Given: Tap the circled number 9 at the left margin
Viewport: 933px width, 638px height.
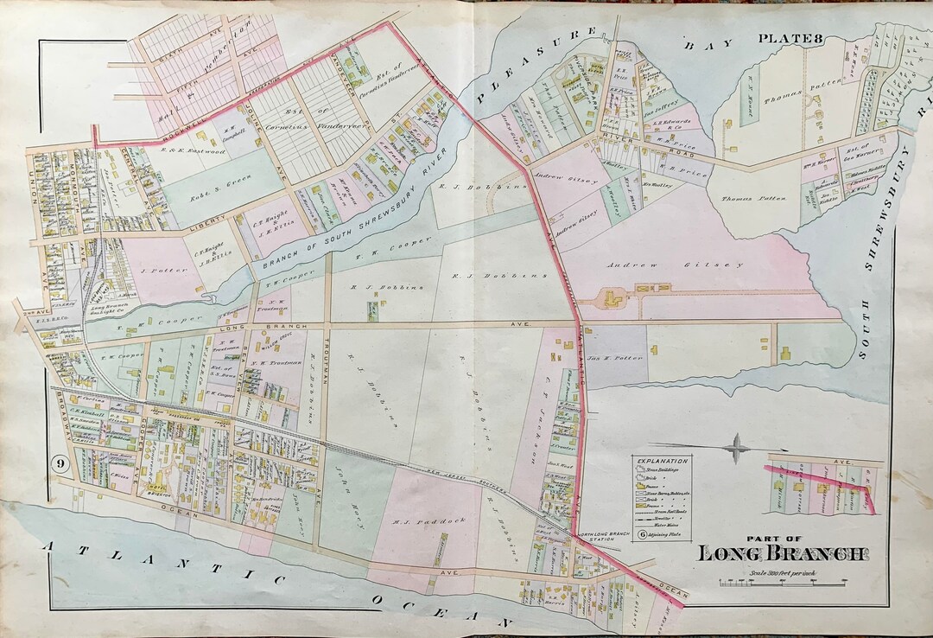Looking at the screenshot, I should (60, 463).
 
